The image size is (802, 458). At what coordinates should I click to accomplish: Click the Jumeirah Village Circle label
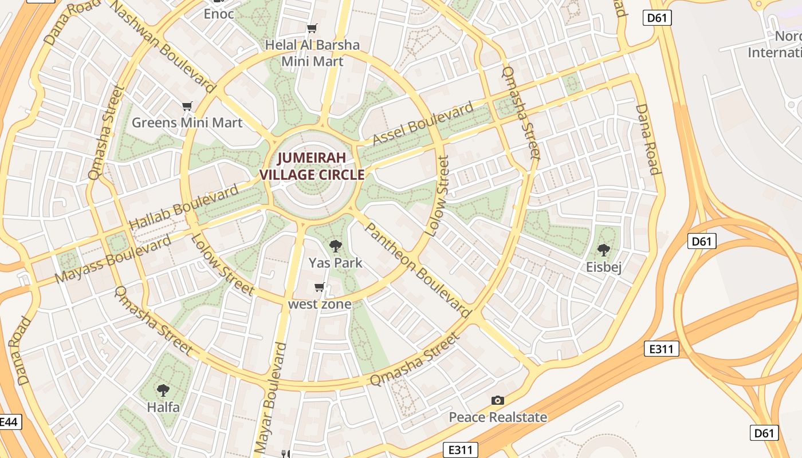[312, 166]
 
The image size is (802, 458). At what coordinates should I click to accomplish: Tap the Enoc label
[219, 14]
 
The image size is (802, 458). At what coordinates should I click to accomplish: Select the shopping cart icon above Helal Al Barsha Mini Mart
[312, 29]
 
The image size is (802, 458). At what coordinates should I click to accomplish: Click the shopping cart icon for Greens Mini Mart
[187, 106]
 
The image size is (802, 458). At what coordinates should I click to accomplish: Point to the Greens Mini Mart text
[187, 123]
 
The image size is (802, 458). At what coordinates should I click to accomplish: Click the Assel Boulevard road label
[423, 123]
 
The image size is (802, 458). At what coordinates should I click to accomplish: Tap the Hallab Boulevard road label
[184, 207]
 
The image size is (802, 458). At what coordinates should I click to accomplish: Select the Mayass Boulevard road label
[113, 259]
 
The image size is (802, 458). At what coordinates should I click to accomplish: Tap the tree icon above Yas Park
[336, 246]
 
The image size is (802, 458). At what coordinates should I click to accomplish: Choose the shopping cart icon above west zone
[320, 287]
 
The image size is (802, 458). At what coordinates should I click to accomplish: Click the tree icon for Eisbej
[603, 250]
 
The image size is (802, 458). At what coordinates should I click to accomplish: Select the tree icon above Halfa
[163, 390]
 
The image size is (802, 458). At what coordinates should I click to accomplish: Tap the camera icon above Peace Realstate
[497, 400]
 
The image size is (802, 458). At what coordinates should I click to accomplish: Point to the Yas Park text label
[336, 263]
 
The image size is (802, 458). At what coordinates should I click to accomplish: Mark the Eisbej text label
[604, 267]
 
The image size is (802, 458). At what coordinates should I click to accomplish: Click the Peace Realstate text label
[497, 417]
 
